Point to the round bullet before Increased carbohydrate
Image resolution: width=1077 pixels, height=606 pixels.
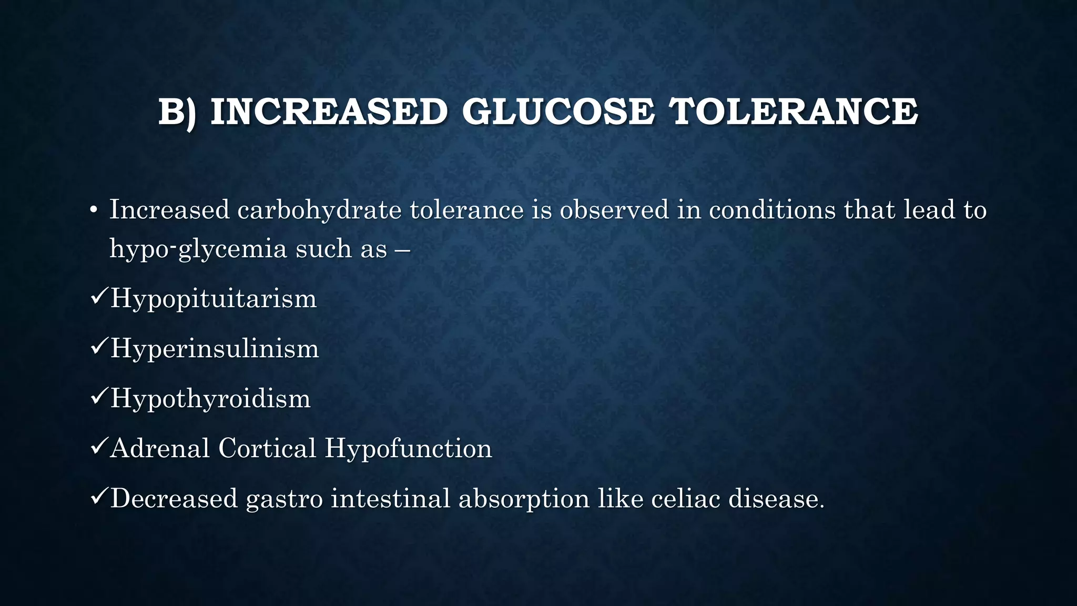(94, 211)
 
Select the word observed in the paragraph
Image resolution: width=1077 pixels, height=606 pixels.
(614, 210)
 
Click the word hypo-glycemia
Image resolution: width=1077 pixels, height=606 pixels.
(198, 249)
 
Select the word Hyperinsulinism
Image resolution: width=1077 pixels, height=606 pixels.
(215, 349)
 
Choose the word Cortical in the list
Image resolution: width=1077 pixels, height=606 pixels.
(267, 448)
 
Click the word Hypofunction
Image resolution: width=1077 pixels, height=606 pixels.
(408, 448)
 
